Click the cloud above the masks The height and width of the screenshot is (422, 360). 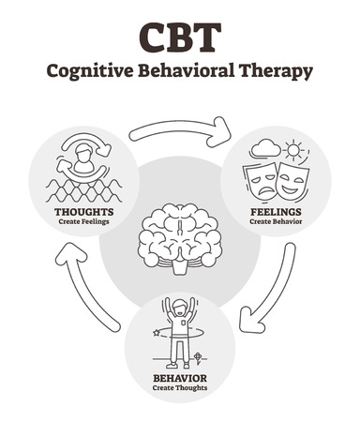coord(265,147)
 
